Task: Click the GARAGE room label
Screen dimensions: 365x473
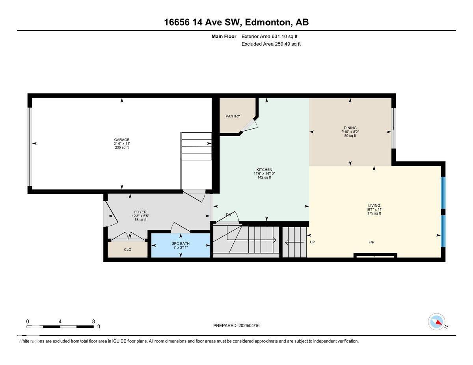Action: [121, 140]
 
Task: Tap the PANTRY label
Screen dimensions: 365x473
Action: [233, 116]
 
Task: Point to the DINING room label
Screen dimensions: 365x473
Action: [350, 128]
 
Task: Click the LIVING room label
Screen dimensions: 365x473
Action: [374, 206]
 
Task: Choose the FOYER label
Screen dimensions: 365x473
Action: [140, 212]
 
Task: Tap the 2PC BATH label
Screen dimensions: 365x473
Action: [181, 243]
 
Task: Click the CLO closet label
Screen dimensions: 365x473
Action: [127, 250]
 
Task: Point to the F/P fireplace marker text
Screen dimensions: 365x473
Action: [371, 242]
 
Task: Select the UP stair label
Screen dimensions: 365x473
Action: [312, 242]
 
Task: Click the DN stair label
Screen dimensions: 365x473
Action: [229, 215]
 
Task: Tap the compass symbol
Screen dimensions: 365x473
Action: [436, 322]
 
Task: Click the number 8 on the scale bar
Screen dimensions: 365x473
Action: [93, 321]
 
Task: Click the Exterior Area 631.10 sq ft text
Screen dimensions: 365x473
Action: [270, 36]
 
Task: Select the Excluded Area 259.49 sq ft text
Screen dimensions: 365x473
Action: [271, 44]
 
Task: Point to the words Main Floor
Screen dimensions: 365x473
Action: [224, 36]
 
